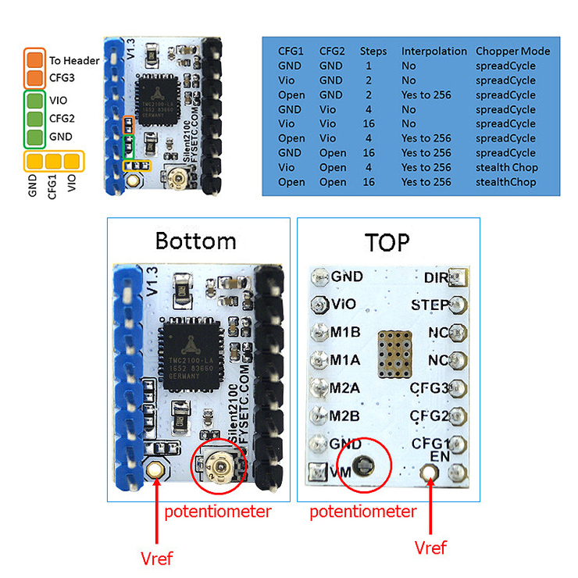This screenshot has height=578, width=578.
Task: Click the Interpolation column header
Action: pyautogui.click(x=433, y=52)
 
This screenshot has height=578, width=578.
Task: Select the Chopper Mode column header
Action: pyautogui.click(x=512, y=52)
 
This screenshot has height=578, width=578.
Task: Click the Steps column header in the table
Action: pyautogui.click(x=373, y=52)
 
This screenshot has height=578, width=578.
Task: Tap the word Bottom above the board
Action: pyautogui.click(x=195, y=241)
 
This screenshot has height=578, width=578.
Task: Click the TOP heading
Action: pyautogui.click(x=387, y=242)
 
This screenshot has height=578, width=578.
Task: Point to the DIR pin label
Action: pyautogui.click(x=436, y=277)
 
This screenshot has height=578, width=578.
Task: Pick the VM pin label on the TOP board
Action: pyautogui.click(x=341, y=471)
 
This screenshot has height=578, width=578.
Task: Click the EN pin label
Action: pyautogui.click(x=439, y=455)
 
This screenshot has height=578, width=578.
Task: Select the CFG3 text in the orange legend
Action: pyautogui.click(x=64, y=77)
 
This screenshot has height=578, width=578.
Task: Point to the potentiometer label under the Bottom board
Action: pyautogui.click(x=217, y=512)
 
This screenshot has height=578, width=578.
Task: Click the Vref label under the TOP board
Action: pyautogui.click(x=430, y=548)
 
